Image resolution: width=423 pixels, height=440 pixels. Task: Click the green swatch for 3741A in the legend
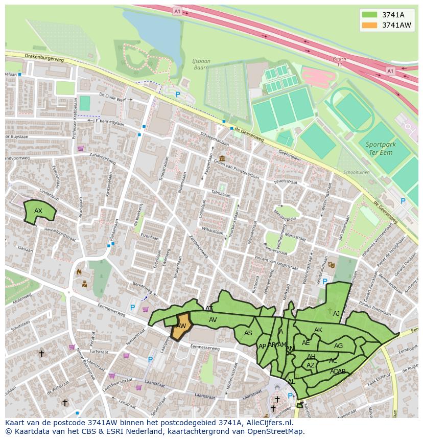click(x=369, y=15)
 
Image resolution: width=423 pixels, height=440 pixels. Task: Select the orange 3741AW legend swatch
click(x=369, y=25)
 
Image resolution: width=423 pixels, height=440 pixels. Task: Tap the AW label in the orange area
click(x=181, y=326)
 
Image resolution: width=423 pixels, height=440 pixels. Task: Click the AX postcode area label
click(x=38, y=211)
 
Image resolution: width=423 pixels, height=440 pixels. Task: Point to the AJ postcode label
click(x=336, y=313)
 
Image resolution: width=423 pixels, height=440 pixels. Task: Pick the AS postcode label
click(x=248, y=333)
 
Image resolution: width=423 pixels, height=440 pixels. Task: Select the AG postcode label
click(x=338, y=346)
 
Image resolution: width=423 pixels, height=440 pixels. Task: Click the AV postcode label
click(x=213, y=320)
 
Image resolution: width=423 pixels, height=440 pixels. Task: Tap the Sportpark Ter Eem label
click(x=381, y=148)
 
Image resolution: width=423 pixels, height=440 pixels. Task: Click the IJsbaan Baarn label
click(x=201, y=64)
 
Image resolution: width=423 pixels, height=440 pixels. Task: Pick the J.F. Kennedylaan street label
click(x=109, y=122)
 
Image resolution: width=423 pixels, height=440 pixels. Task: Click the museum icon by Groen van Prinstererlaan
click(x=222, y=158)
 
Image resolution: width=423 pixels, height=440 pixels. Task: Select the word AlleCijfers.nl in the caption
click(x=267, y=423)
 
